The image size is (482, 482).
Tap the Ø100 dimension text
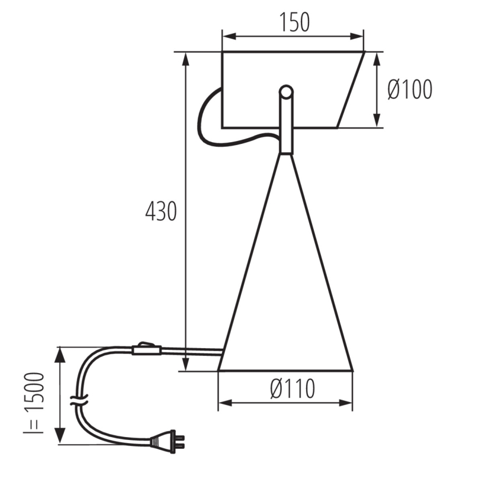[409, 89]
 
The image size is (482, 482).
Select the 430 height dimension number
[161, 212]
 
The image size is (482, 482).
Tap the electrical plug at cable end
[166, 441]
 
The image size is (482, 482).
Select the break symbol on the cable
[79, 400]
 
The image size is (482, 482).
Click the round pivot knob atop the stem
[286, 91]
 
